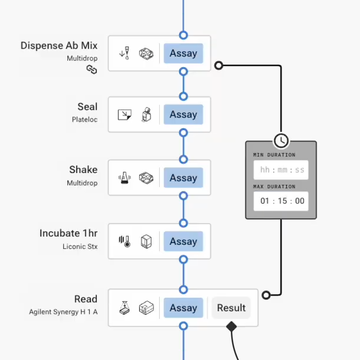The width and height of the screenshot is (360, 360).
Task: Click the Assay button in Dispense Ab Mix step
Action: (x=183, y=53)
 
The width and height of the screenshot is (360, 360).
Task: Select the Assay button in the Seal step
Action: (x=183, y=115)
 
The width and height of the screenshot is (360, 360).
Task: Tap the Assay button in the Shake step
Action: (x=183, y=178)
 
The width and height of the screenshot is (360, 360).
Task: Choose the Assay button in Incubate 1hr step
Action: (x=183, y=241)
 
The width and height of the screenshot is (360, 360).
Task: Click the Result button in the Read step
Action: (x=231, y=308)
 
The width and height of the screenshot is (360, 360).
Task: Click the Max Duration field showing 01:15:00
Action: (x=281, y=201)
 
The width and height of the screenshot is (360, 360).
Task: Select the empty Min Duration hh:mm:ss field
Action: (x=281, y=170)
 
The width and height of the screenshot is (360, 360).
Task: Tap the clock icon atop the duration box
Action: (x=281, y=140)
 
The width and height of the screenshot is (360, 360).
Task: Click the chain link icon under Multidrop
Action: (x=92, y=69)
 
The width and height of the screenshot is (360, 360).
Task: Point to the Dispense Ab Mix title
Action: (x=59, y=46)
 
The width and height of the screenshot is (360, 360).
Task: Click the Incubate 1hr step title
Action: (x=68, y=233)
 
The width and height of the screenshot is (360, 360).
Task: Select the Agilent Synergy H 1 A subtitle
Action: (x=63, y=312)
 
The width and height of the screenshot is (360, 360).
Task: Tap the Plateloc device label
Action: (x=85, y=119)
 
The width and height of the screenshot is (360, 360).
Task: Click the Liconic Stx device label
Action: (x=80, y=247)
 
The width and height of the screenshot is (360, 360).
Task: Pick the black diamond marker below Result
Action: (x=231, y=326)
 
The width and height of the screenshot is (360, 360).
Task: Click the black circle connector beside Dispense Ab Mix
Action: (x=219, y=66)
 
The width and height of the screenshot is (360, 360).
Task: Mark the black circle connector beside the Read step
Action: (x=266, y=295)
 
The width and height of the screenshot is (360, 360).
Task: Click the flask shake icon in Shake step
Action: (x=125, y=178)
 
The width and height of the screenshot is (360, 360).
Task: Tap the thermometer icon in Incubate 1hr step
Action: (x=125, y=241)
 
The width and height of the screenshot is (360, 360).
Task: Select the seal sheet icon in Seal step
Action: (x=125, y=115)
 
